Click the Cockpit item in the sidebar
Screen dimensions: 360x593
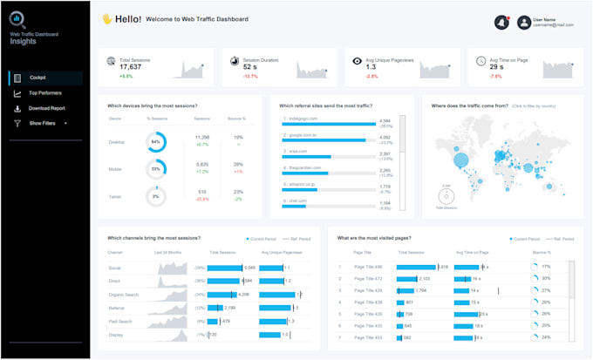click(37, 78)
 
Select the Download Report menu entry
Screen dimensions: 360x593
click(46, 108)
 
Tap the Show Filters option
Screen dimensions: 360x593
click(42, 123)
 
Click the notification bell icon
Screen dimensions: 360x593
click(501, 22)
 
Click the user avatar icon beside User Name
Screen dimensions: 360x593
click(523, 23)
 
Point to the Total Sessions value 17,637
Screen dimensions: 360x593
click(130, 66)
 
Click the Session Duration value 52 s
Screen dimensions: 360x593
click(250, 66)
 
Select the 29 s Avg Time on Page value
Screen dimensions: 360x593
click(496, 66)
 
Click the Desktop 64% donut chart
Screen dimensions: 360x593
click(156, 141)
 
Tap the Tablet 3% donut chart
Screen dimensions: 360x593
click(156, 196)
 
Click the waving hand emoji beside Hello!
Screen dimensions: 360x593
click(107, 18)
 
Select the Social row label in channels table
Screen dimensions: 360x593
click(114, 268)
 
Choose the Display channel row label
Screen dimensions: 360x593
click(115, 335)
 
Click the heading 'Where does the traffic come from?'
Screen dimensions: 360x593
click(471, 105)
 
